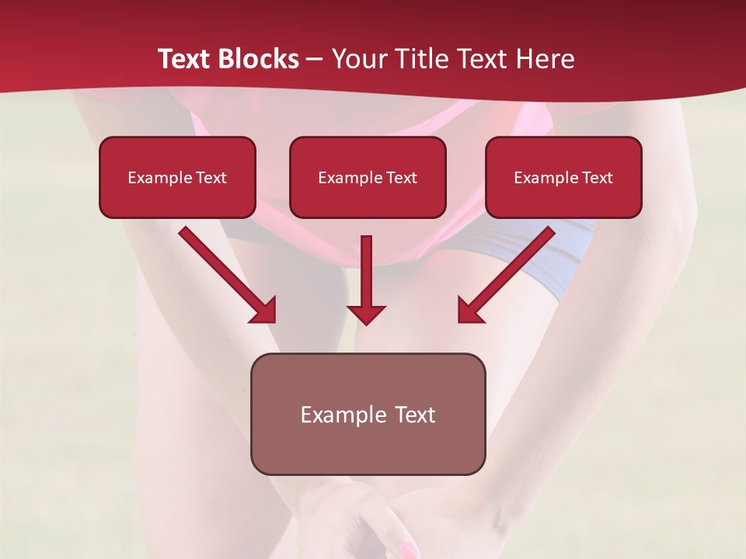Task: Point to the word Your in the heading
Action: tap(357, 59)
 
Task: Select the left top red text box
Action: tap(177, 177)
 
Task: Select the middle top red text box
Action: tap(368, 177)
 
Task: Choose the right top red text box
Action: tap(563, 177)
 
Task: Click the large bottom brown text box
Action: tap(368, 414)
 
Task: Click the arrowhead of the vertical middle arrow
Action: tap(366, 314)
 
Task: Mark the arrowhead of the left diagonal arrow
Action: tap(264, 311)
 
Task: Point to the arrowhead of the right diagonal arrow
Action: tap(469, 311)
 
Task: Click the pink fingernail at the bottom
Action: tap(407, 550)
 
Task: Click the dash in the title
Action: tap(315, 59)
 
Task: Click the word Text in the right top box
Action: tap(597, 177)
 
